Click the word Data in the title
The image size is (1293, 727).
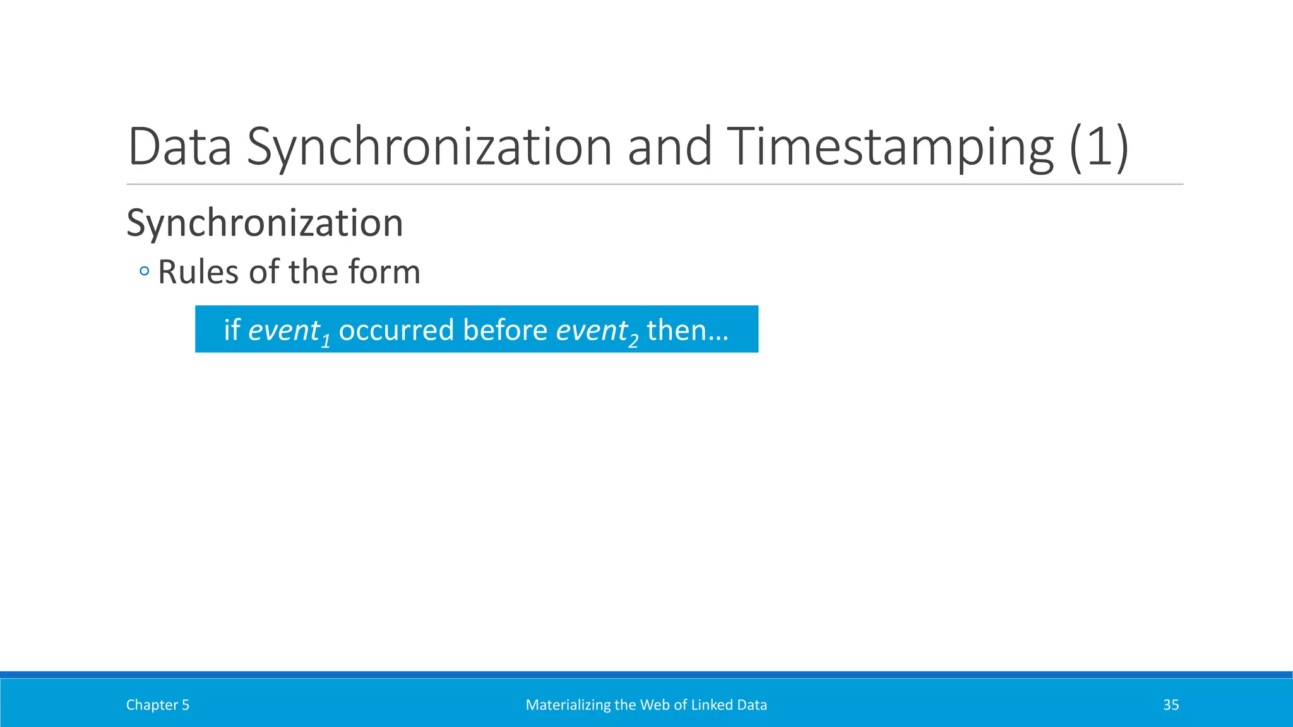[180, 146]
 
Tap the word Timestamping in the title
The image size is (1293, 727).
[890, 146]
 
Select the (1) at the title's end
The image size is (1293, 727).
[1099, 146]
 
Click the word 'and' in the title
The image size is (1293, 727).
[669, 146]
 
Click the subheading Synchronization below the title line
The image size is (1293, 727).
[265, 223]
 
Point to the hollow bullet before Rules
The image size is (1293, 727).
[145, 272]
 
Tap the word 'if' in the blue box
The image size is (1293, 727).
[232, 329]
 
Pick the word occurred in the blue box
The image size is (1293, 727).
[397, 330]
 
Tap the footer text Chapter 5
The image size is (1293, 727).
[158, 705]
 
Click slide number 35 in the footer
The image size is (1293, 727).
[1171, 705]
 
